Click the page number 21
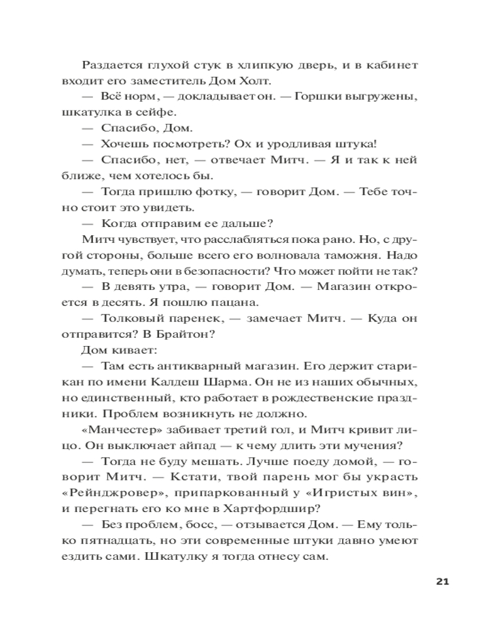(x=441, y=581)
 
